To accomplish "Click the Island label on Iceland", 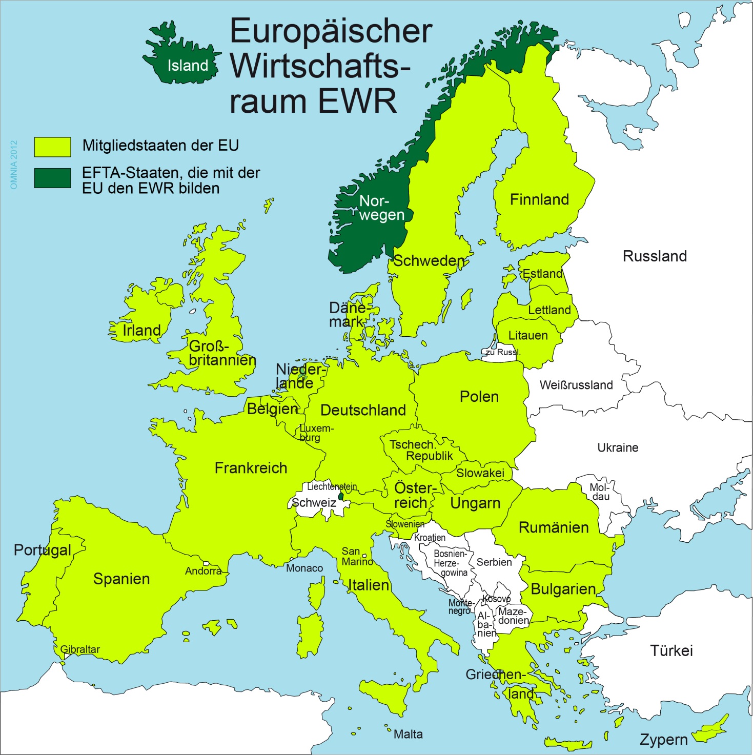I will [x=188, y=66].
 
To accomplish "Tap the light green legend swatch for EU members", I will [x=52, y=147].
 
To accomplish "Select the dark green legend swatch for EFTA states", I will [x=52, y=178].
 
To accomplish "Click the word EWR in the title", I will [x=357, y=101].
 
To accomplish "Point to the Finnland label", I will [x=539, y=199].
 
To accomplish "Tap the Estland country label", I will [x=542, y=274].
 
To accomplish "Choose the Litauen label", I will [x=528, y=336].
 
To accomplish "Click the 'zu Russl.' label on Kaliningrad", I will [x=503, y=352].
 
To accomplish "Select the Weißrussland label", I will [x=576, y=385].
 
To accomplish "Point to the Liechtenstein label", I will [x=332, y=486].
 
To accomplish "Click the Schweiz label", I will [x=314, y=503].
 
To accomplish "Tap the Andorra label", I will [x=203, y=571].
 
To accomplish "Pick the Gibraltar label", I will [x=80, y=649].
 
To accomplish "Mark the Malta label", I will [x=408, y=734].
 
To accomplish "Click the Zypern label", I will [x=663, y=740].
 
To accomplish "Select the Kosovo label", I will [x=496, y=599].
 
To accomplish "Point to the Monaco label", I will [x=304, y=568].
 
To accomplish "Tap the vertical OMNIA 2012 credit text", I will [x=14, y=165].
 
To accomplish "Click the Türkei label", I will [x=671, y=651].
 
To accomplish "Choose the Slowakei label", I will [x=480, y=473].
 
